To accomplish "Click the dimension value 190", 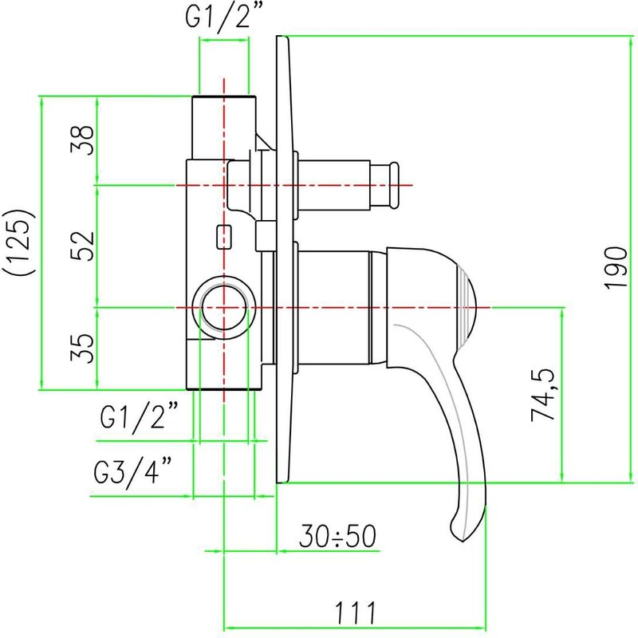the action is (x=615, y=268).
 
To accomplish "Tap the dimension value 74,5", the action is (x=543, y=395).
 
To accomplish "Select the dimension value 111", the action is (x=355, y=613).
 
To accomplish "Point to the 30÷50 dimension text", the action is (x=337, y=536).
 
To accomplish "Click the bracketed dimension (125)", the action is (x=19, y=243).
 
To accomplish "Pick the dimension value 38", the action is (x=82, y=140).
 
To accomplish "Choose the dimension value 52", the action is (x=82, y=246).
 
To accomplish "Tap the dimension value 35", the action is (x=82, y=349).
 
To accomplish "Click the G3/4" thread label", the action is (x=132, y=473).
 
